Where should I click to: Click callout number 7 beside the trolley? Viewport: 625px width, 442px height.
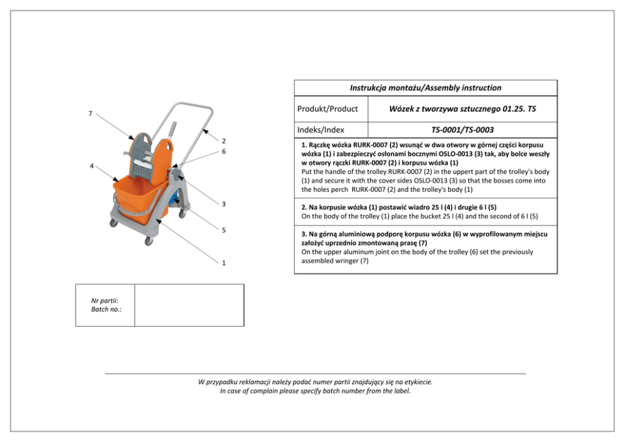click(90, 113)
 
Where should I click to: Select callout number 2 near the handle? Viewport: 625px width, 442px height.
click(224, 141)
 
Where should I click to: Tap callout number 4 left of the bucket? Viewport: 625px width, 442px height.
click(91, 166)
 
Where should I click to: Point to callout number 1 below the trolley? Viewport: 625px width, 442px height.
click(224, 263)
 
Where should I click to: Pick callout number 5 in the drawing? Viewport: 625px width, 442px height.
click(224, 230)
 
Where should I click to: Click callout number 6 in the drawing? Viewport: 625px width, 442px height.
click(224, 151)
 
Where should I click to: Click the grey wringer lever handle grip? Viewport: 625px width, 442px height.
click(175, 129)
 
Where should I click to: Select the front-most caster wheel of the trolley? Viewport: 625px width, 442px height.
click(149, 241)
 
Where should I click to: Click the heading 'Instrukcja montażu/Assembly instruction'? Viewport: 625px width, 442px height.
click(425, 88)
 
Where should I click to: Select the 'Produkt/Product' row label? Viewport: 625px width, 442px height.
click(327, 108)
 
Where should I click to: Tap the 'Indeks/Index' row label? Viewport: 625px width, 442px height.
click(321, 130)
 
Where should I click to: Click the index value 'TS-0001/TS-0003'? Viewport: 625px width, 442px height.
click(462, 130)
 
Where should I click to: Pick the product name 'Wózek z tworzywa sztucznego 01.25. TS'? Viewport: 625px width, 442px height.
click(462, 108)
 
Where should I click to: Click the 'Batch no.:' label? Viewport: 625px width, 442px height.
click(105, 310)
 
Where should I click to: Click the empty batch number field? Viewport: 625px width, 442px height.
click(189, 305)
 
